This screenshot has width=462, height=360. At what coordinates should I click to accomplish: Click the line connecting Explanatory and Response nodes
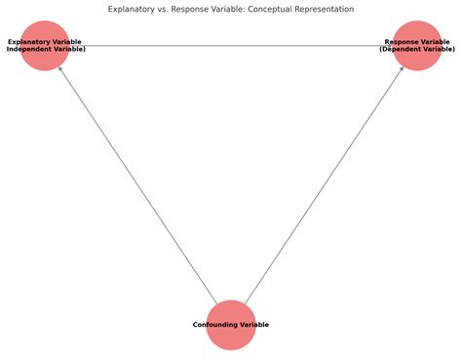tap(231, 46)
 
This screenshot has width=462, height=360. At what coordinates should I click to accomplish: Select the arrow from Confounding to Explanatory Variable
tap(136, 184)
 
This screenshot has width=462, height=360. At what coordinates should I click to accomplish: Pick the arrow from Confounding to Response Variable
tap(326, 184)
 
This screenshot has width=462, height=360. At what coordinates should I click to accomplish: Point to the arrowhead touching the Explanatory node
tap(60, 71)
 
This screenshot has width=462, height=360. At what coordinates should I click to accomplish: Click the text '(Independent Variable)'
tap(45, 49)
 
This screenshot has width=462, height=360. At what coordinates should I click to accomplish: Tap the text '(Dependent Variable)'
tap(417, 49)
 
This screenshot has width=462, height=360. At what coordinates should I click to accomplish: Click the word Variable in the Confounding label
tap(254, 324)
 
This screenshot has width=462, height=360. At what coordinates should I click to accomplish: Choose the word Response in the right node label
tap(403, 42)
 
